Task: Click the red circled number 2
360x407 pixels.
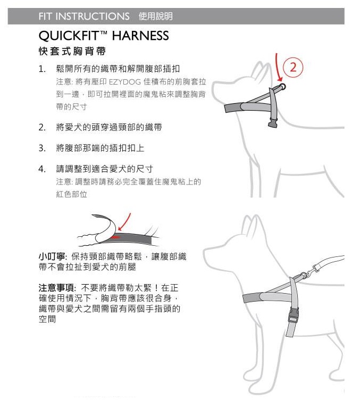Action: (293, 68)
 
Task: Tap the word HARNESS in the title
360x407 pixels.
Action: (140, 36)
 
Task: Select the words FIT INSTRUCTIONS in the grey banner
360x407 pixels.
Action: (84, 16)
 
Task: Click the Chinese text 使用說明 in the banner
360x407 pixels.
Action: (156, 16)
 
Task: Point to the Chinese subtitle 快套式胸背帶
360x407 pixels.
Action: (72, 51)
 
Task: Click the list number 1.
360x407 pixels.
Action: (42, 69)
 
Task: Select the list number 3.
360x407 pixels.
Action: (42, 148)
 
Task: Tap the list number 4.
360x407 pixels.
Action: (42, 169)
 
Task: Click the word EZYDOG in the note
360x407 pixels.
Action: (125, 82)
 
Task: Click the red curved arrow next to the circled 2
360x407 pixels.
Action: (278, 68)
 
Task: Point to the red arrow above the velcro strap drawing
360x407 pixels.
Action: (125, 221)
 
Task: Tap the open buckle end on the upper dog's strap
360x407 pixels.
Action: (273, 122)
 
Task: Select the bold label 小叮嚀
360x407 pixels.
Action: (52, 256)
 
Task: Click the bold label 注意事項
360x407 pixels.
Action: (57, 288)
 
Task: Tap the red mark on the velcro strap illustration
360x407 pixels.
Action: (115, 237)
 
